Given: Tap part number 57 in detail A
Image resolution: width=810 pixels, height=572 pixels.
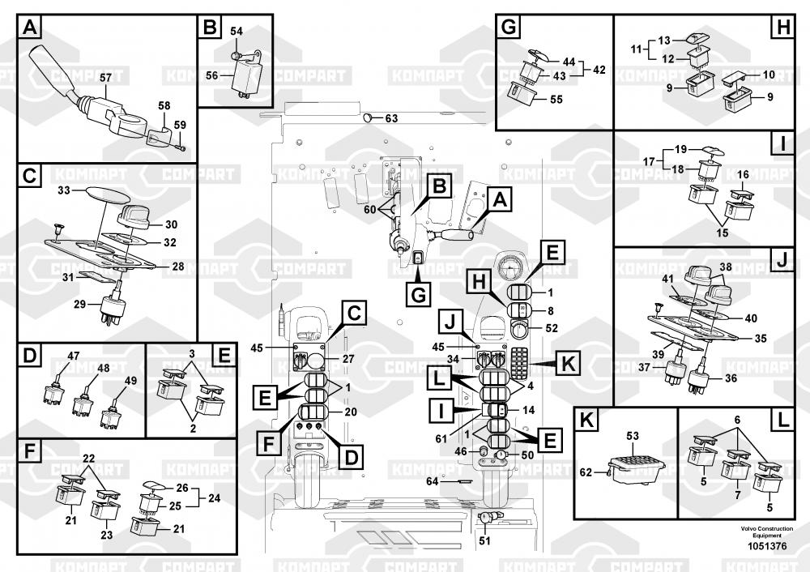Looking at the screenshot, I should pos(105,78).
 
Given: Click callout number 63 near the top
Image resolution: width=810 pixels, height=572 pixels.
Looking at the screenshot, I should pos(391,118).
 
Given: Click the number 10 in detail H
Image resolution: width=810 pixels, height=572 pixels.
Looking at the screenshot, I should pos(769,75).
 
